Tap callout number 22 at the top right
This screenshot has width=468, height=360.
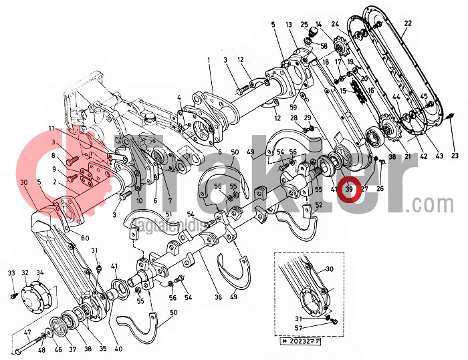tap(408, 24)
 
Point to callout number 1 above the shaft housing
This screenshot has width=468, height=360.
tap(209, 60)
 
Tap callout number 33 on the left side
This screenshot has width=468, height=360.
tap(11, 273)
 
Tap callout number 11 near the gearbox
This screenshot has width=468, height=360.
tap(51, 128)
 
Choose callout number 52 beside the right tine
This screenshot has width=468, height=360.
tap(318, 205)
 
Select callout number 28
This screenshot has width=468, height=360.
tap(295, 118)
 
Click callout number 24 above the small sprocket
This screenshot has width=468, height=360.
tap(335, 25)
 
